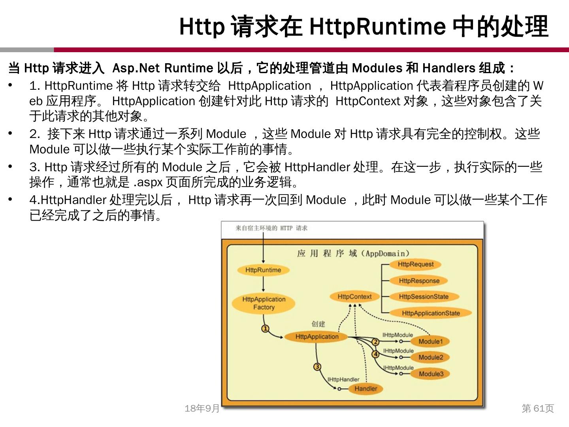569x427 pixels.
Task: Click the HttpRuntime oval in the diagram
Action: (x=263, y=270)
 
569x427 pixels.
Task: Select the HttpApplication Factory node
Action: (x=264, y=303)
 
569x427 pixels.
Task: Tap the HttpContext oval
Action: (x=354, y=297)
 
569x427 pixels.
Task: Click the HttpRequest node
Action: (x=415, y=264)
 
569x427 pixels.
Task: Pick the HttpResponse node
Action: (x=419, y=281)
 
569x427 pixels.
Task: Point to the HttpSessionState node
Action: (x=424, y=297)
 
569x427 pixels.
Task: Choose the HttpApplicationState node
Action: (x=431, y=313)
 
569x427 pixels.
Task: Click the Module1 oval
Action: (x=430, y=341)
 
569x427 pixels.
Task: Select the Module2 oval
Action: (x=431, y=357)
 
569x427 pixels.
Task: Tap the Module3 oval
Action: (x=431, y=374)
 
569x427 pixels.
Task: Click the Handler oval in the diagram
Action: (x=366, y=389)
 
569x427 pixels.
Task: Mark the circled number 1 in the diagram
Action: (x=266, y=329)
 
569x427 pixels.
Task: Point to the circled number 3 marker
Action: (x=317, y=367)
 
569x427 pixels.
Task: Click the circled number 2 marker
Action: (x=375, y=342)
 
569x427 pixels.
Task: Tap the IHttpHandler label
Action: (x=343, y=380)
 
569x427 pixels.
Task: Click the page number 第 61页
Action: (x=538, y=408)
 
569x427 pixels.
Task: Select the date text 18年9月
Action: (x=202, y=408)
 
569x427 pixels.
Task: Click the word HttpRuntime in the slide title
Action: (x=377, y=26)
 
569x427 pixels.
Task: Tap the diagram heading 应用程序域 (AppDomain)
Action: (x=353, y=253)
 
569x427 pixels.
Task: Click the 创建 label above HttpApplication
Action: (x=318, y=324)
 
